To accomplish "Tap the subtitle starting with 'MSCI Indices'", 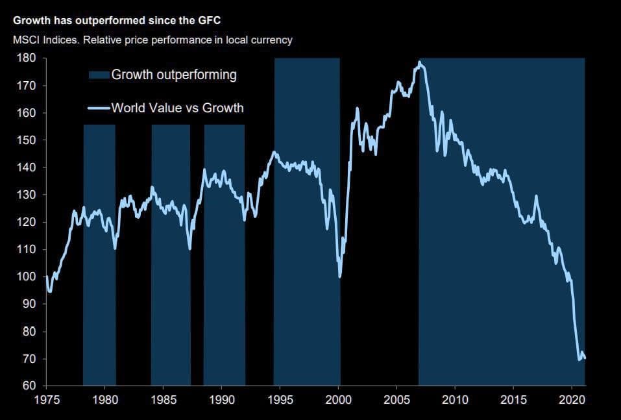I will click(152, 40).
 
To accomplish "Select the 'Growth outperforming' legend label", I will click(174, 75).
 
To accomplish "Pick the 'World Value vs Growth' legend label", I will click(177, 108).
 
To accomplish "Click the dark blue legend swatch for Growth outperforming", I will click(99, 75).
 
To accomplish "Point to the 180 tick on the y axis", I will click(30, 58).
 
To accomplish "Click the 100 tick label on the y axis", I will click(30, 277).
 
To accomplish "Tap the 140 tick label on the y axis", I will click(30, 168).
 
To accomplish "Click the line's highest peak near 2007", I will click(420, 63).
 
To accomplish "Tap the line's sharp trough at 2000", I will click(340, 277).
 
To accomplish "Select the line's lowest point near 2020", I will click(579, 359).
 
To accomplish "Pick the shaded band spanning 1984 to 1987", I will click(171, 292).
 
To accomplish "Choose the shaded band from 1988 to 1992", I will click(225, 292).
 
